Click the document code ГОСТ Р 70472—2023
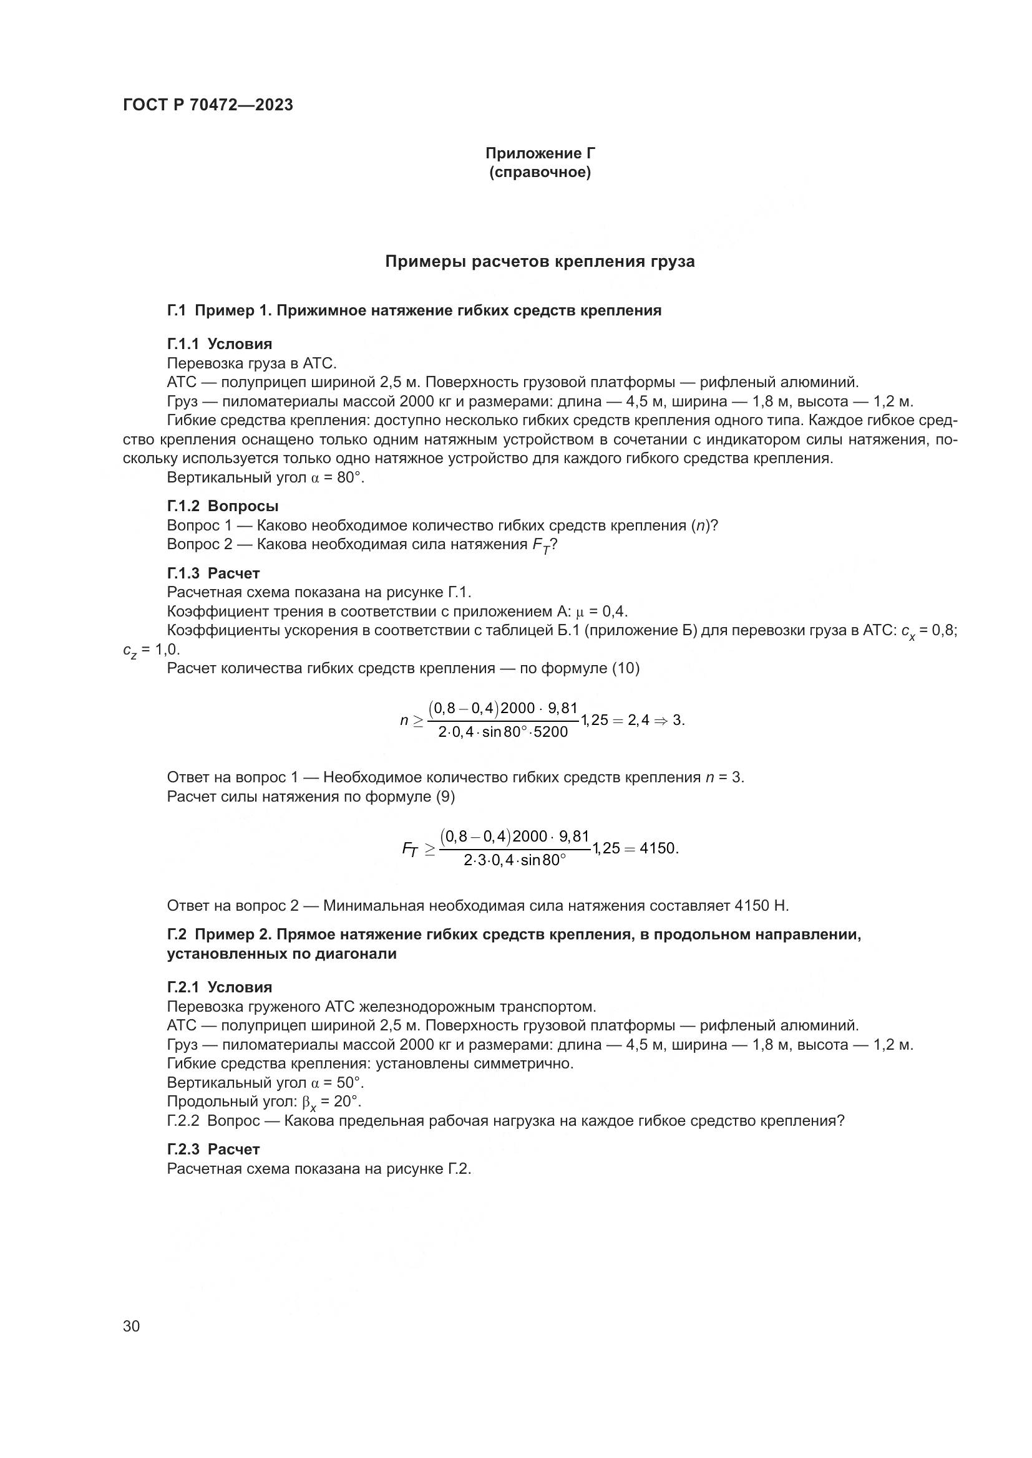coord(208,105)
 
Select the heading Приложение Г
coord(540,153)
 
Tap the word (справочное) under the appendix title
coord(540,173)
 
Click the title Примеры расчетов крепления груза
coord(540,262)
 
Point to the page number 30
coord(132,1326)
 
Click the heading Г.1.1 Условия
coord(219,344)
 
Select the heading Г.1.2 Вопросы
coord(222,506)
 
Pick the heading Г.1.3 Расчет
coord(213,573)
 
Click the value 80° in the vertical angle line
coord(349,477)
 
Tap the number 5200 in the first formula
coord(550,732)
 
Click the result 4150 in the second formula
coord(658,848)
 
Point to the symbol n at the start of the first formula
coord(404,720)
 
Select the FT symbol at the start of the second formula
coord(411,850)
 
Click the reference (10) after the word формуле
coord(625,668)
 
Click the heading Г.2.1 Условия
coord(219,987)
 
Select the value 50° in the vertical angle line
coord(349,1082)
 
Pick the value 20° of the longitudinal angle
coord(347,1101)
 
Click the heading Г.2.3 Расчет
coord(213,1149)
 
